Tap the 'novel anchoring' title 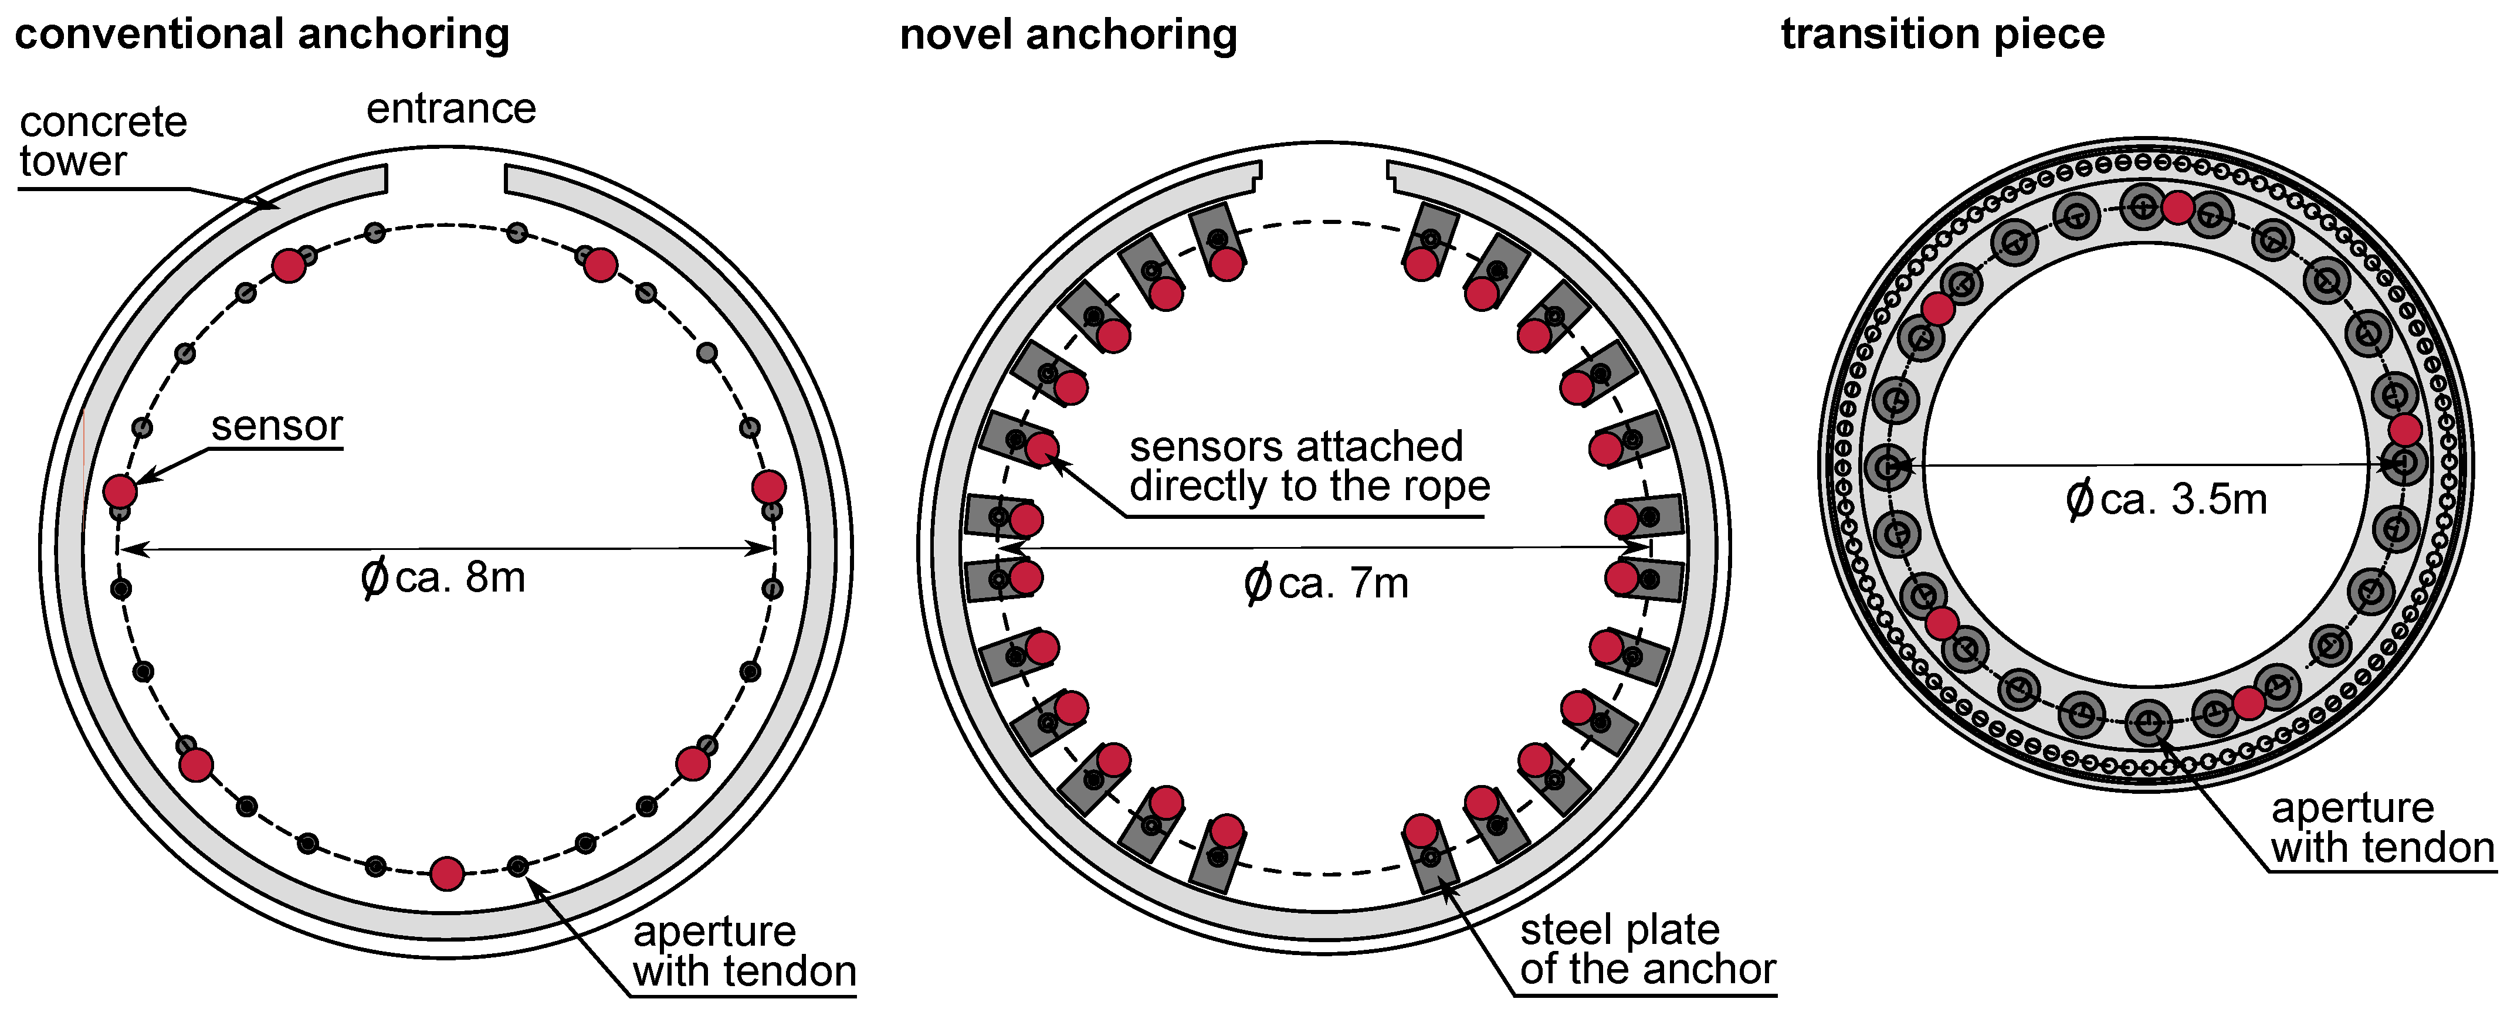point(1068,35)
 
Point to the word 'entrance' point(451,108)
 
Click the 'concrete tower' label point(103,141)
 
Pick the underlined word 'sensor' point(277,426)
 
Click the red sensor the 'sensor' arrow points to point(120,490)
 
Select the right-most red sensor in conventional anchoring point(769,486)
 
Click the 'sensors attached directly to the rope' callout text point(1308,467)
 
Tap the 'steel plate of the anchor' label point(1648,949)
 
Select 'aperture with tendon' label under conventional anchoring point(744,952)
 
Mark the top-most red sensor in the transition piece point(2177,208)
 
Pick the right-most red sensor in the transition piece point(2405,429)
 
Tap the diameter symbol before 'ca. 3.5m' point(2079,500)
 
